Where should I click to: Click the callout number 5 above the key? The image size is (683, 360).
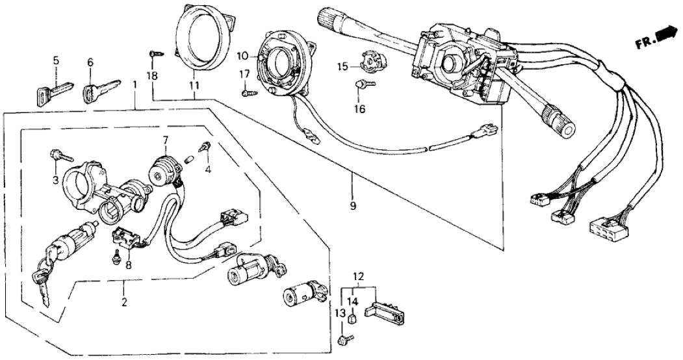pyautogui.click(x=55, y=61)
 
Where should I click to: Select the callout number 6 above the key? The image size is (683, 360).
pyautogui.click(x=90, y=62)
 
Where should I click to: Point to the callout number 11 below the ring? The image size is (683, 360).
pyautogui.click(x=195, y=84)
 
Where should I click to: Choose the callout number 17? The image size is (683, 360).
pyautogui.click(x=245, y=75)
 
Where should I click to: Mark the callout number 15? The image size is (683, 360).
pyautogui.click(x=342, y=66)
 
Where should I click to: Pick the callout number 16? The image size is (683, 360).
pyautogui.click(x=359, y=109)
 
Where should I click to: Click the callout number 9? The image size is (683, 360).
pyautogui.click(x=353, y=207)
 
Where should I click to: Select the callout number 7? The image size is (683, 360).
pyautogui.click(x=166, y=140)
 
